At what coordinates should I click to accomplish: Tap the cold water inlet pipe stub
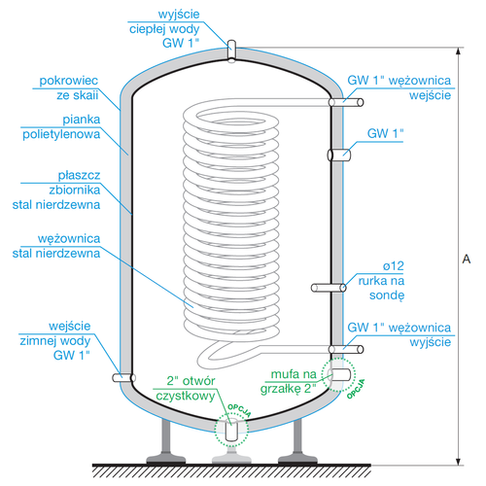(122, 376)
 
